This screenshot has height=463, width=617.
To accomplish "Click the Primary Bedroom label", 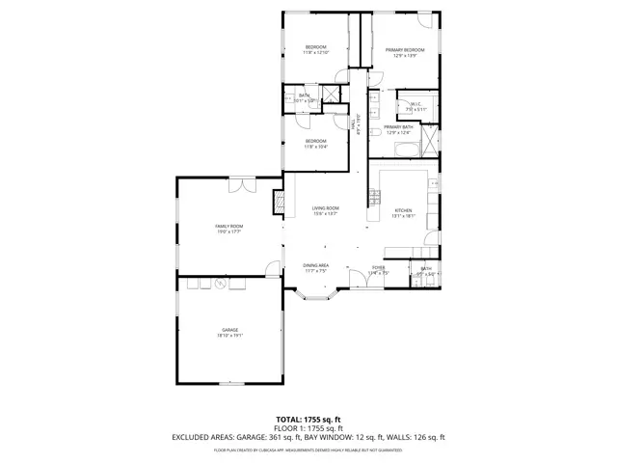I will tap(405, 49).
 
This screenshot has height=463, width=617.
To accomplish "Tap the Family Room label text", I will tap(228, 226).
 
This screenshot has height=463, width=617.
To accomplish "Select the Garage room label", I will tap(228, 330).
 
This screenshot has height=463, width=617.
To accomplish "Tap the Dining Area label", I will tap(316, 265).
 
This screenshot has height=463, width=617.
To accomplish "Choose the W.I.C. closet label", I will tap(416, 104).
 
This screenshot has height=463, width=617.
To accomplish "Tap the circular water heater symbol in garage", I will tap(220, 283).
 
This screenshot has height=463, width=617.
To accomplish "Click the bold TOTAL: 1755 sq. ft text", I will tap(308, 420).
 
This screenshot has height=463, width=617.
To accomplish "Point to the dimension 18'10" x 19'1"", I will tap(228, 337).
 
